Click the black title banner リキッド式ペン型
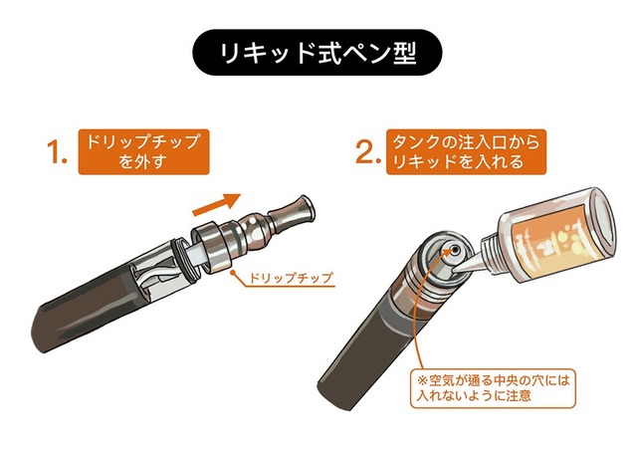(x=317, y=53)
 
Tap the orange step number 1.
(x=56, y=152)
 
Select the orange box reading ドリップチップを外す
(x=143, y=152)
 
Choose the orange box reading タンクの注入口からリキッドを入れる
(x=466, y=152)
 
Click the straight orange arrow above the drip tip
(x=217, y=204)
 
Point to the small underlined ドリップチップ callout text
(x=290, y=279)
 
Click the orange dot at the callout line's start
(x=233, y=273)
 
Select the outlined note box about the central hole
(x=493, y=388)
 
